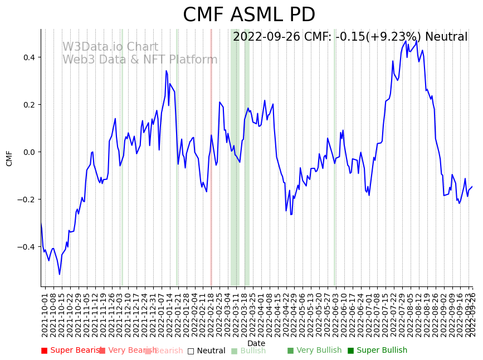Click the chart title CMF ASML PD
tap(249, 15)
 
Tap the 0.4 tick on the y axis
tap(28, 57)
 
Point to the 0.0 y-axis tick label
tap(28, 152)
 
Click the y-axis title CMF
tap(9, 158)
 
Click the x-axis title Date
tap(256, 343)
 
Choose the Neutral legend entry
tap(207, 351)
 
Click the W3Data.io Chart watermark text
tap(110, 47)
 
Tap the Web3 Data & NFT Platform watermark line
tap(140, 60)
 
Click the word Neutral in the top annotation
tap(446, 37)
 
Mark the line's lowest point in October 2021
tap(60, 274)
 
